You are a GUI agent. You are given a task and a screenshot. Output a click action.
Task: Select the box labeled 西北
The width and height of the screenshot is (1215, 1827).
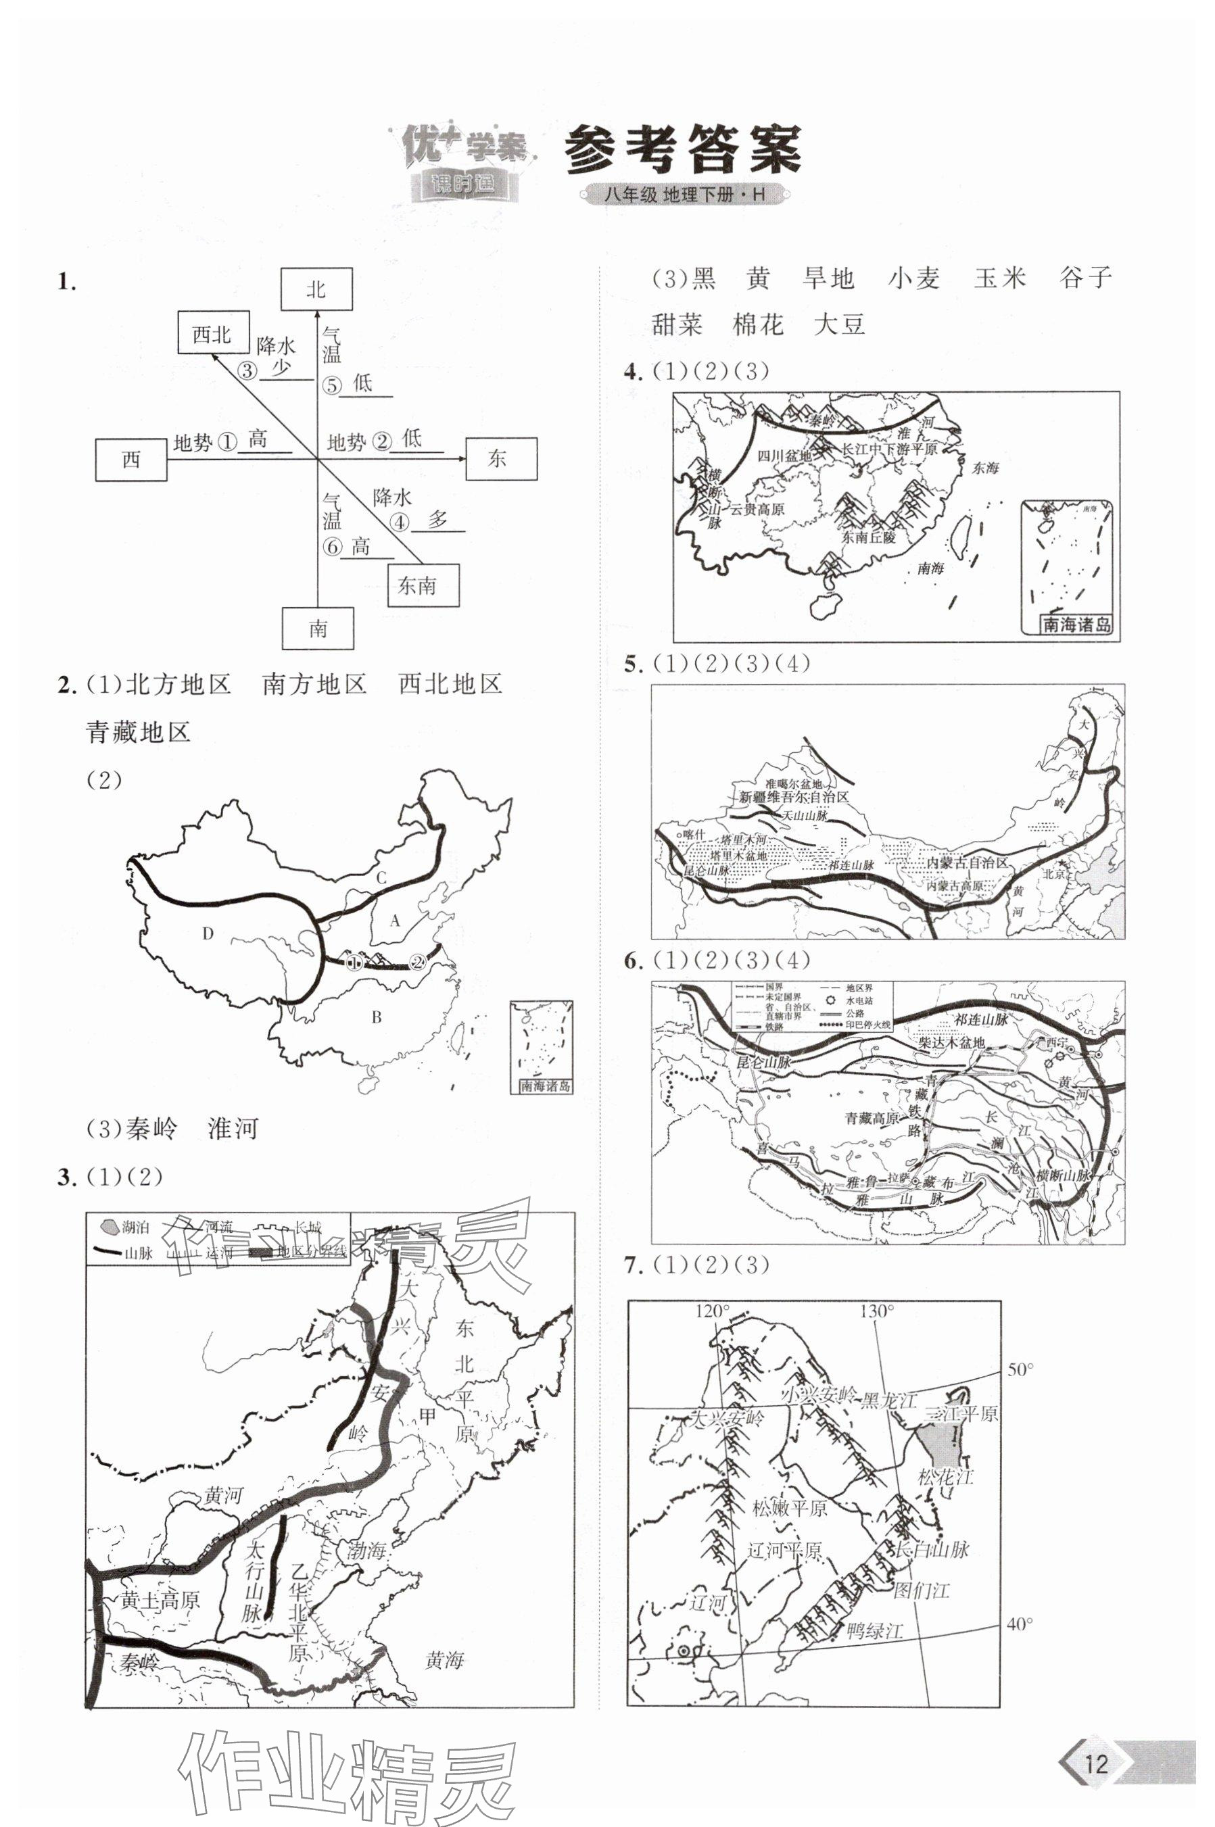point(212,334)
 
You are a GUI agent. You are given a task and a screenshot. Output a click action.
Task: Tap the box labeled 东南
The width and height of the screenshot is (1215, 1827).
point(423,585)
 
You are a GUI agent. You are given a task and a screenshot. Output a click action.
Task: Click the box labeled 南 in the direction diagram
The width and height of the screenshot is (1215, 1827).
point(318,628)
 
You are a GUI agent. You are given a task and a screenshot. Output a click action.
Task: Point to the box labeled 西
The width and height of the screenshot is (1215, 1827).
point(131,459)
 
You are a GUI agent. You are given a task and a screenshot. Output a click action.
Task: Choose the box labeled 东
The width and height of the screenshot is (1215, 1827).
point(500,458)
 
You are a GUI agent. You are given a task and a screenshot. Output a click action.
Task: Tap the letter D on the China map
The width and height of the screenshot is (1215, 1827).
point(207,933)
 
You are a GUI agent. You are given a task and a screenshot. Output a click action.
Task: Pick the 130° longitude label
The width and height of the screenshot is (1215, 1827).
point(876,1311)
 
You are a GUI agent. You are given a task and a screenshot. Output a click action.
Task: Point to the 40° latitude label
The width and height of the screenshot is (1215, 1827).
point(1020,1624)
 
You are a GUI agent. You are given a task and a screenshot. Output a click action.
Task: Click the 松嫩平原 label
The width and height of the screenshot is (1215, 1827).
point(789,1507)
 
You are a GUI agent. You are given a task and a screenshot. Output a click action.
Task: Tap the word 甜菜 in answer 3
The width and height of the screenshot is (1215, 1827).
point(676,324)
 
